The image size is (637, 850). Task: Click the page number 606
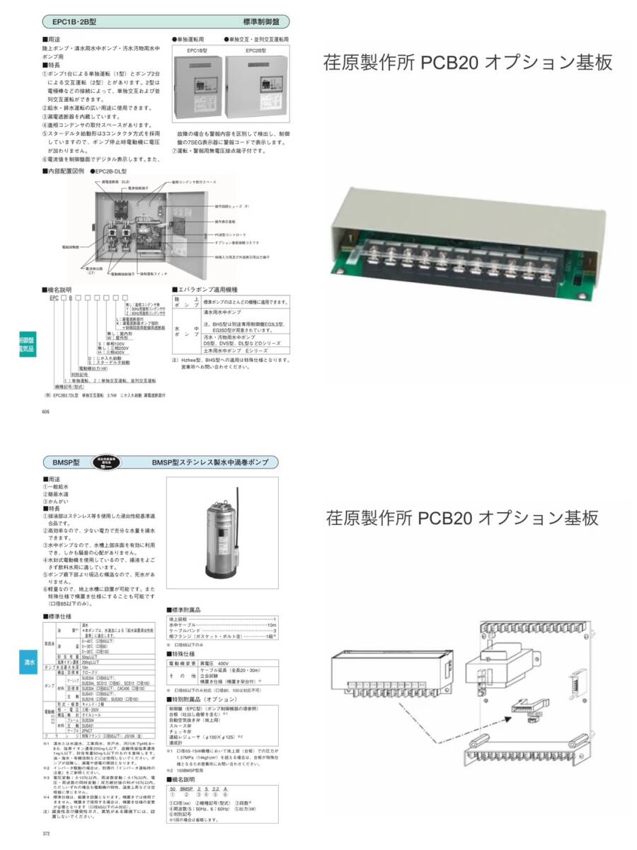46,410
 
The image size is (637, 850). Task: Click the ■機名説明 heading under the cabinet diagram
61,290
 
